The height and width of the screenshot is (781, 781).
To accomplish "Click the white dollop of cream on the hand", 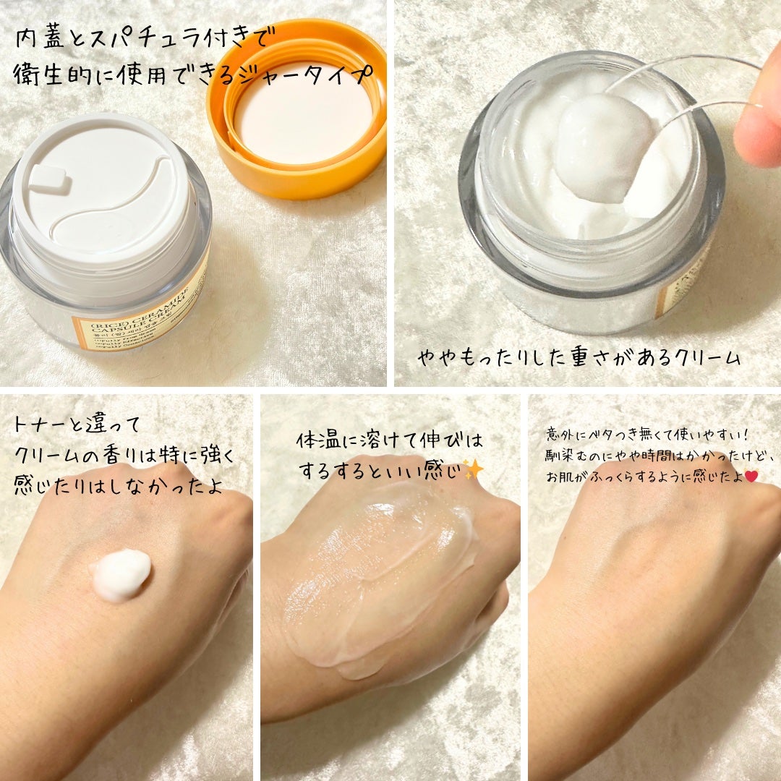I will [x=121, y=575].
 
